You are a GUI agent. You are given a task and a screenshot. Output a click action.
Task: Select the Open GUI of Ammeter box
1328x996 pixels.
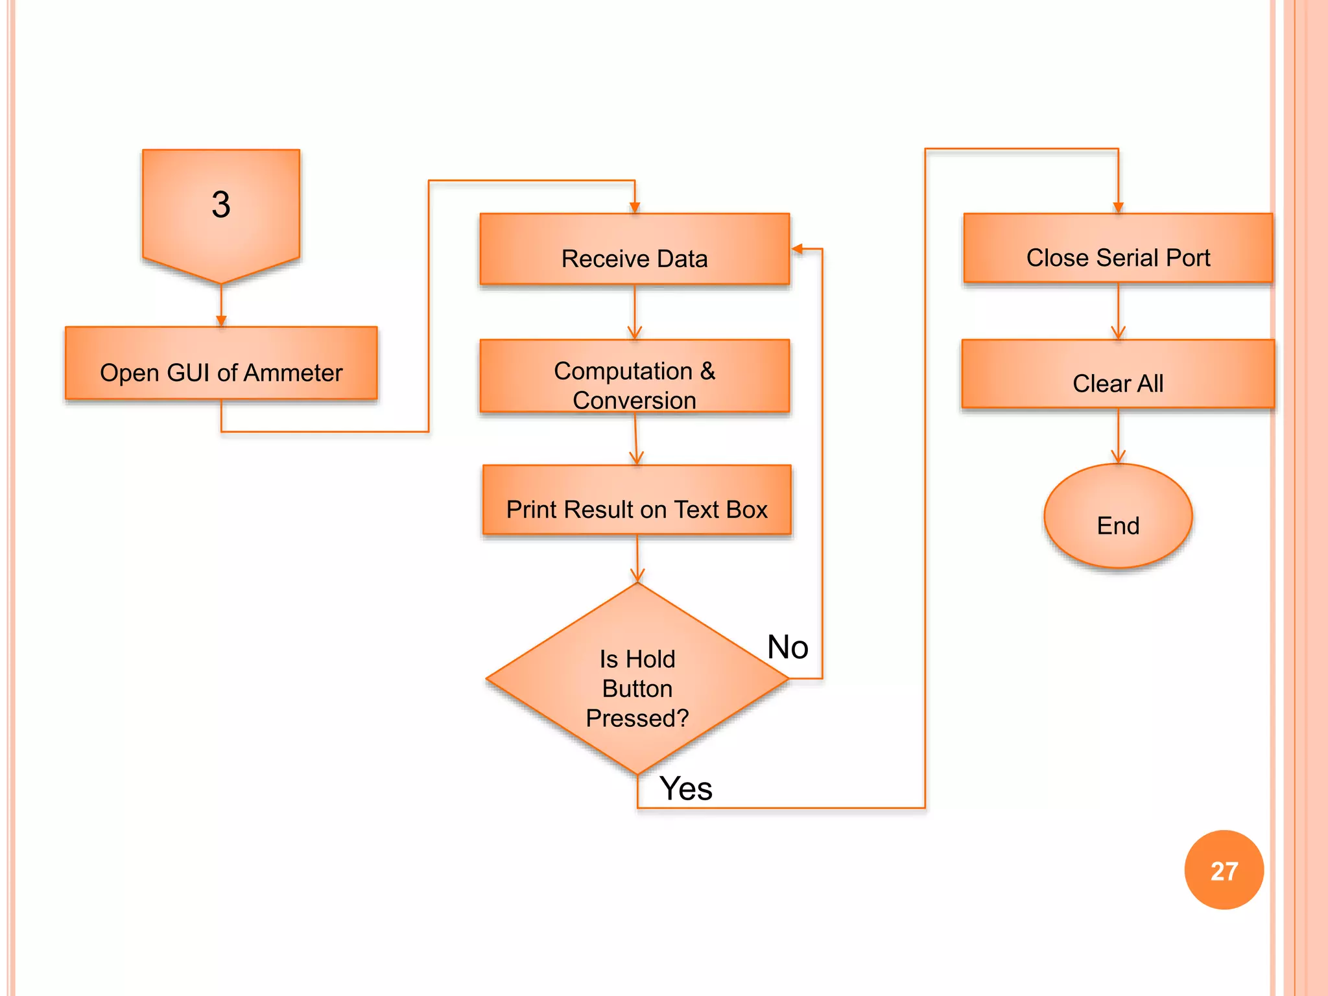[221, 363]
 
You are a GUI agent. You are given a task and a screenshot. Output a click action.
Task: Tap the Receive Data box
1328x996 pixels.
[634, 250]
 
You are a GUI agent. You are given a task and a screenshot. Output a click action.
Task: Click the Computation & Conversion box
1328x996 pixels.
[634, 376]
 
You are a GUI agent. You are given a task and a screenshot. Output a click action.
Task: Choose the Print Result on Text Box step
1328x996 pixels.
[637, 500]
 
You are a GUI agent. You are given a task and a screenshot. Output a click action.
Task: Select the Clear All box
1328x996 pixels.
[1118, 374]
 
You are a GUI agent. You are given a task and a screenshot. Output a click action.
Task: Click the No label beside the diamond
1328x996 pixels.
[787, 647]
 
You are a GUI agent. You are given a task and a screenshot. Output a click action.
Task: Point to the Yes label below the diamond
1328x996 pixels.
[685, 788]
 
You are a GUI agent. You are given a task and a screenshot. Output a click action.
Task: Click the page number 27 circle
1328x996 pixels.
[1224, 870]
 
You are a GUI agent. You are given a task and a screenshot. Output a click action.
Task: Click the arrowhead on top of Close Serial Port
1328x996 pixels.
[1118, 207]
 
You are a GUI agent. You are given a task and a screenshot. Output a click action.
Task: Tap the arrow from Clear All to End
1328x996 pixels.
[1118, 436]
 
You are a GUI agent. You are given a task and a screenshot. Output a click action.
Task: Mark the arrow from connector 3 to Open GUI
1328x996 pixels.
[221, 305]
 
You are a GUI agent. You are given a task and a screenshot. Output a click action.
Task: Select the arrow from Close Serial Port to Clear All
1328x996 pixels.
[1118, 311]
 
